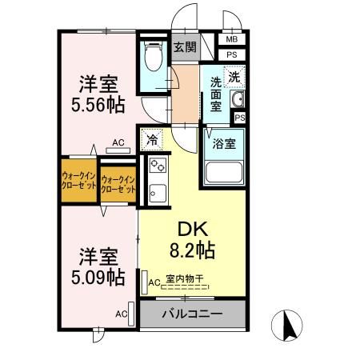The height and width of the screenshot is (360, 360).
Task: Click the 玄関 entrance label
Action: (185, 47)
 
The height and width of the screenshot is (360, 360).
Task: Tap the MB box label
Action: (231, 39)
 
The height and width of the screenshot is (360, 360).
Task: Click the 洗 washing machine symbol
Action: (234, 78)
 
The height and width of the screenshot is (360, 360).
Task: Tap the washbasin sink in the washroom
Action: (236, 100)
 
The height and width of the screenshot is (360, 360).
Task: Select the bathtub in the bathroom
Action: (224, 172)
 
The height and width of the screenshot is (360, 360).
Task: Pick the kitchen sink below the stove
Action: (155, 193)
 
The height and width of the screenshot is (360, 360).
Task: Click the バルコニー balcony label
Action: (193, 312)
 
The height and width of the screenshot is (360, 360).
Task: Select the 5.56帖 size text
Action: (99, 104)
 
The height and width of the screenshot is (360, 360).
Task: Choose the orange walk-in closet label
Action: (79, 180)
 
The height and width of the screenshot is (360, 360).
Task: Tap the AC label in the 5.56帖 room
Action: (118, 143)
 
